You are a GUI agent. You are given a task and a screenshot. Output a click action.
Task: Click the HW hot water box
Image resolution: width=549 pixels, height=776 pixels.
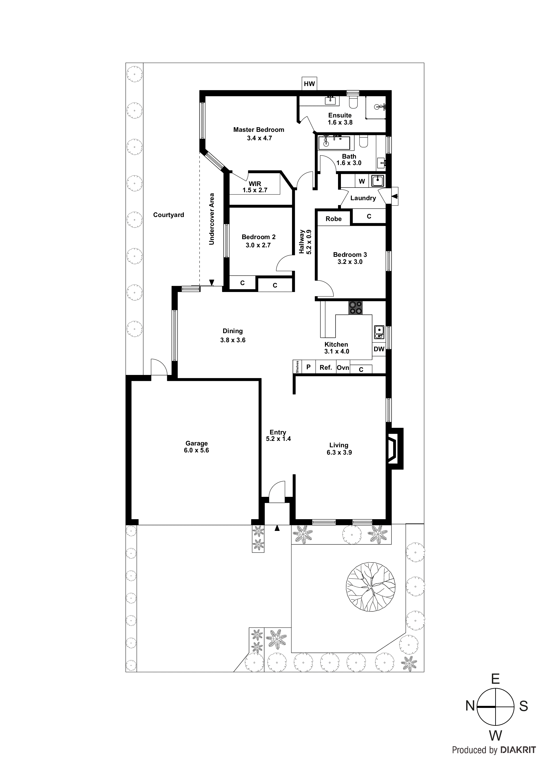309,84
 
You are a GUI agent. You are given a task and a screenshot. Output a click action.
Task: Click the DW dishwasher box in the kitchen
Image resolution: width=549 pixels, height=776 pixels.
379,349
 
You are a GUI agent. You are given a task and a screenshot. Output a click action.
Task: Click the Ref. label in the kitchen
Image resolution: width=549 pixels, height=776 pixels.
326,367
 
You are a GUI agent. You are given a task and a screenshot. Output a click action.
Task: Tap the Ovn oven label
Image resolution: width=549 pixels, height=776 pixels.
343,367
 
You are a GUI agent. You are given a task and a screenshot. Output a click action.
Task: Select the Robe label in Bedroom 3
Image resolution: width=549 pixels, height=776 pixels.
334,219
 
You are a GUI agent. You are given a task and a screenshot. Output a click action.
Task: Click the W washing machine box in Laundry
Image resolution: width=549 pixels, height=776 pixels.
361,181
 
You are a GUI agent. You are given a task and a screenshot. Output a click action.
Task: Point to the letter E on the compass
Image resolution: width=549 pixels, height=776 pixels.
495,679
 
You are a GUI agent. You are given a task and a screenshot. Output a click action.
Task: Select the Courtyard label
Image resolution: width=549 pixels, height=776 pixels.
168,215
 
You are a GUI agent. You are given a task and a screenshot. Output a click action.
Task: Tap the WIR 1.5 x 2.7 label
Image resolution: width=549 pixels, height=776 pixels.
255,187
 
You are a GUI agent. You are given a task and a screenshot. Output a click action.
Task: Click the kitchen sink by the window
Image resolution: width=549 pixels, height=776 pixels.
379,332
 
